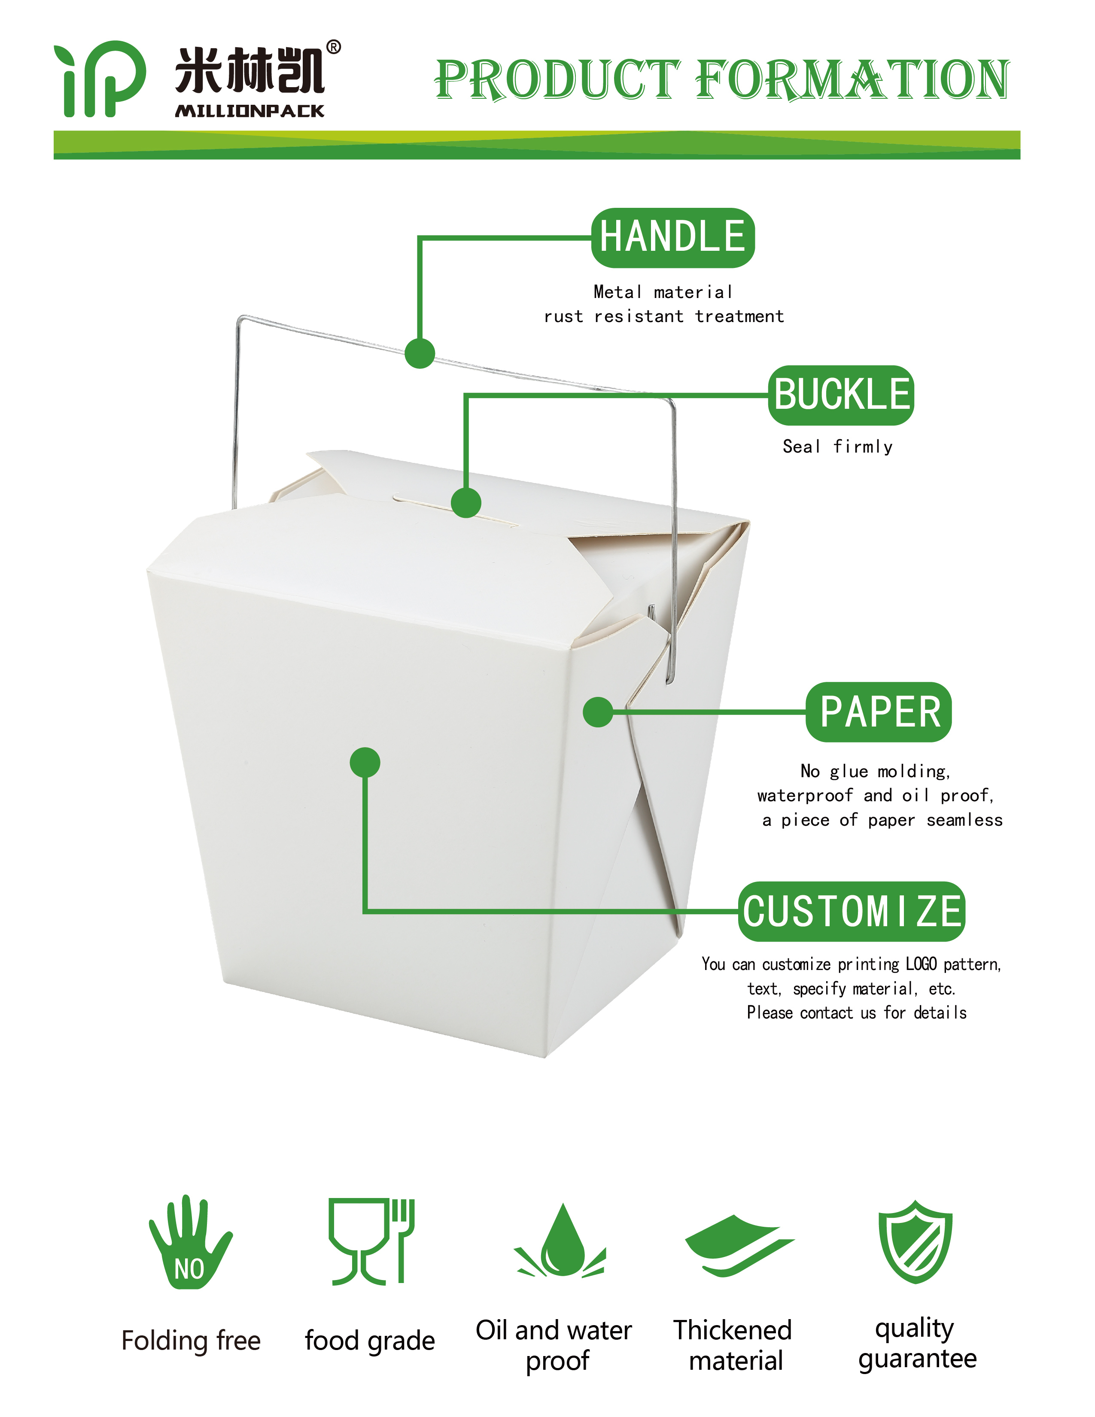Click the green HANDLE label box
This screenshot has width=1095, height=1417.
tap(673, 237)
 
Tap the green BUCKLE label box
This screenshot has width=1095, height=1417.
tap(841, 395)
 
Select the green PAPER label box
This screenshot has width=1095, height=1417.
tap(879, 712)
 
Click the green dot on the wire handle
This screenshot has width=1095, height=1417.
tap(420, 353)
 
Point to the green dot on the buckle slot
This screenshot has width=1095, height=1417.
tap(466, 502)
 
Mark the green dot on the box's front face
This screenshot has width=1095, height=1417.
tap(365, 762)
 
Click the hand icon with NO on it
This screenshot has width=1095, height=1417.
tap(190, 1241)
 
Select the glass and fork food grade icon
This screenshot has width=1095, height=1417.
tap(371, 1241)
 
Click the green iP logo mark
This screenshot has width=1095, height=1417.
tap(100, 79)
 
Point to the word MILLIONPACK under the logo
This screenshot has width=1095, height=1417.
tap(250, 111)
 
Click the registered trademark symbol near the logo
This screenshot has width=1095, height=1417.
tap(333, 47)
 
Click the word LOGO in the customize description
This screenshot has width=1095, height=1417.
tap(921, 964)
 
